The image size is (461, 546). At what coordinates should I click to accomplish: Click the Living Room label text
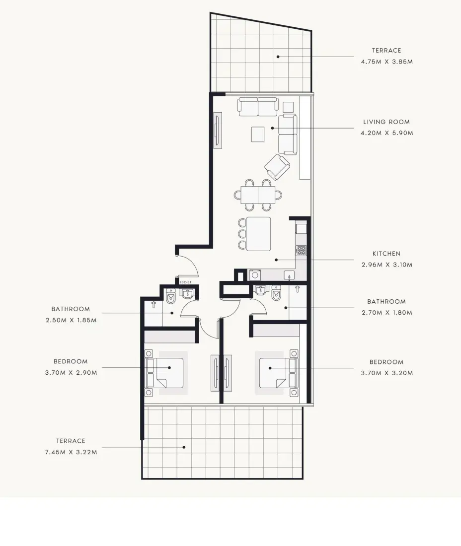(x=386, y=122)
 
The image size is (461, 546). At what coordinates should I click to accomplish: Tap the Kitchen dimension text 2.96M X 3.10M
(x=387, y=265)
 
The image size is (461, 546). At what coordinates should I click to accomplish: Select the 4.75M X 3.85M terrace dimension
(x=387, y=62)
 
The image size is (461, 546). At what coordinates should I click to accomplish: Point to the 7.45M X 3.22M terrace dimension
(x=71, y=452)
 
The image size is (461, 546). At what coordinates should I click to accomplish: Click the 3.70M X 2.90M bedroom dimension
(x=71, y=373)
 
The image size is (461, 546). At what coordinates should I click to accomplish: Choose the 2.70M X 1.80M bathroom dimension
(x=387, y=313)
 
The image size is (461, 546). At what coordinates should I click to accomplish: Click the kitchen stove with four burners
(x=302, y=250)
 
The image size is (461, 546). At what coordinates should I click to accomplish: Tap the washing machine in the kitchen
(x=255, y=275)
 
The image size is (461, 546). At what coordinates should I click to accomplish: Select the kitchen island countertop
(x=258, y=234)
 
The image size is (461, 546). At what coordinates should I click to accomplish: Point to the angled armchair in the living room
(x=277, y=167)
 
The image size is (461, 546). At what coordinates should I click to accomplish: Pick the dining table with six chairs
(x=258, y=195)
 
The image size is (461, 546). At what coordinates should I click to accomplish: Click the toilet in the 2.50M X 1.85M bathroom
(x=171, y=296)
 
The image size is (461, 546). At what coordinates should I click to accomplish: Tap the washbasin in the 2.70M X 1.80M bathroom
(x=261, y=290)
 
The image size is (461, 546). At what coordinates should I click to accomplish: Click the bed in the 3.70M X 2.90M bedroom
(x=164, y=373)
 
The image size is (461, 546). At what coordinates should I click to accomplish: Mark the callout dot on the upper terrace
(x=278, y=57)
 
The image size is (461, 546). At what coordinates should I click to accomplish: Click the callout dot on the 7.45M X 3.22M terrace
(x=184, y=447)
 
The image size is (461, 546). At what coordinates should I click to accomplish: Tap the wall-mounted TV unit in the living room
(x=218, y=130)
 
